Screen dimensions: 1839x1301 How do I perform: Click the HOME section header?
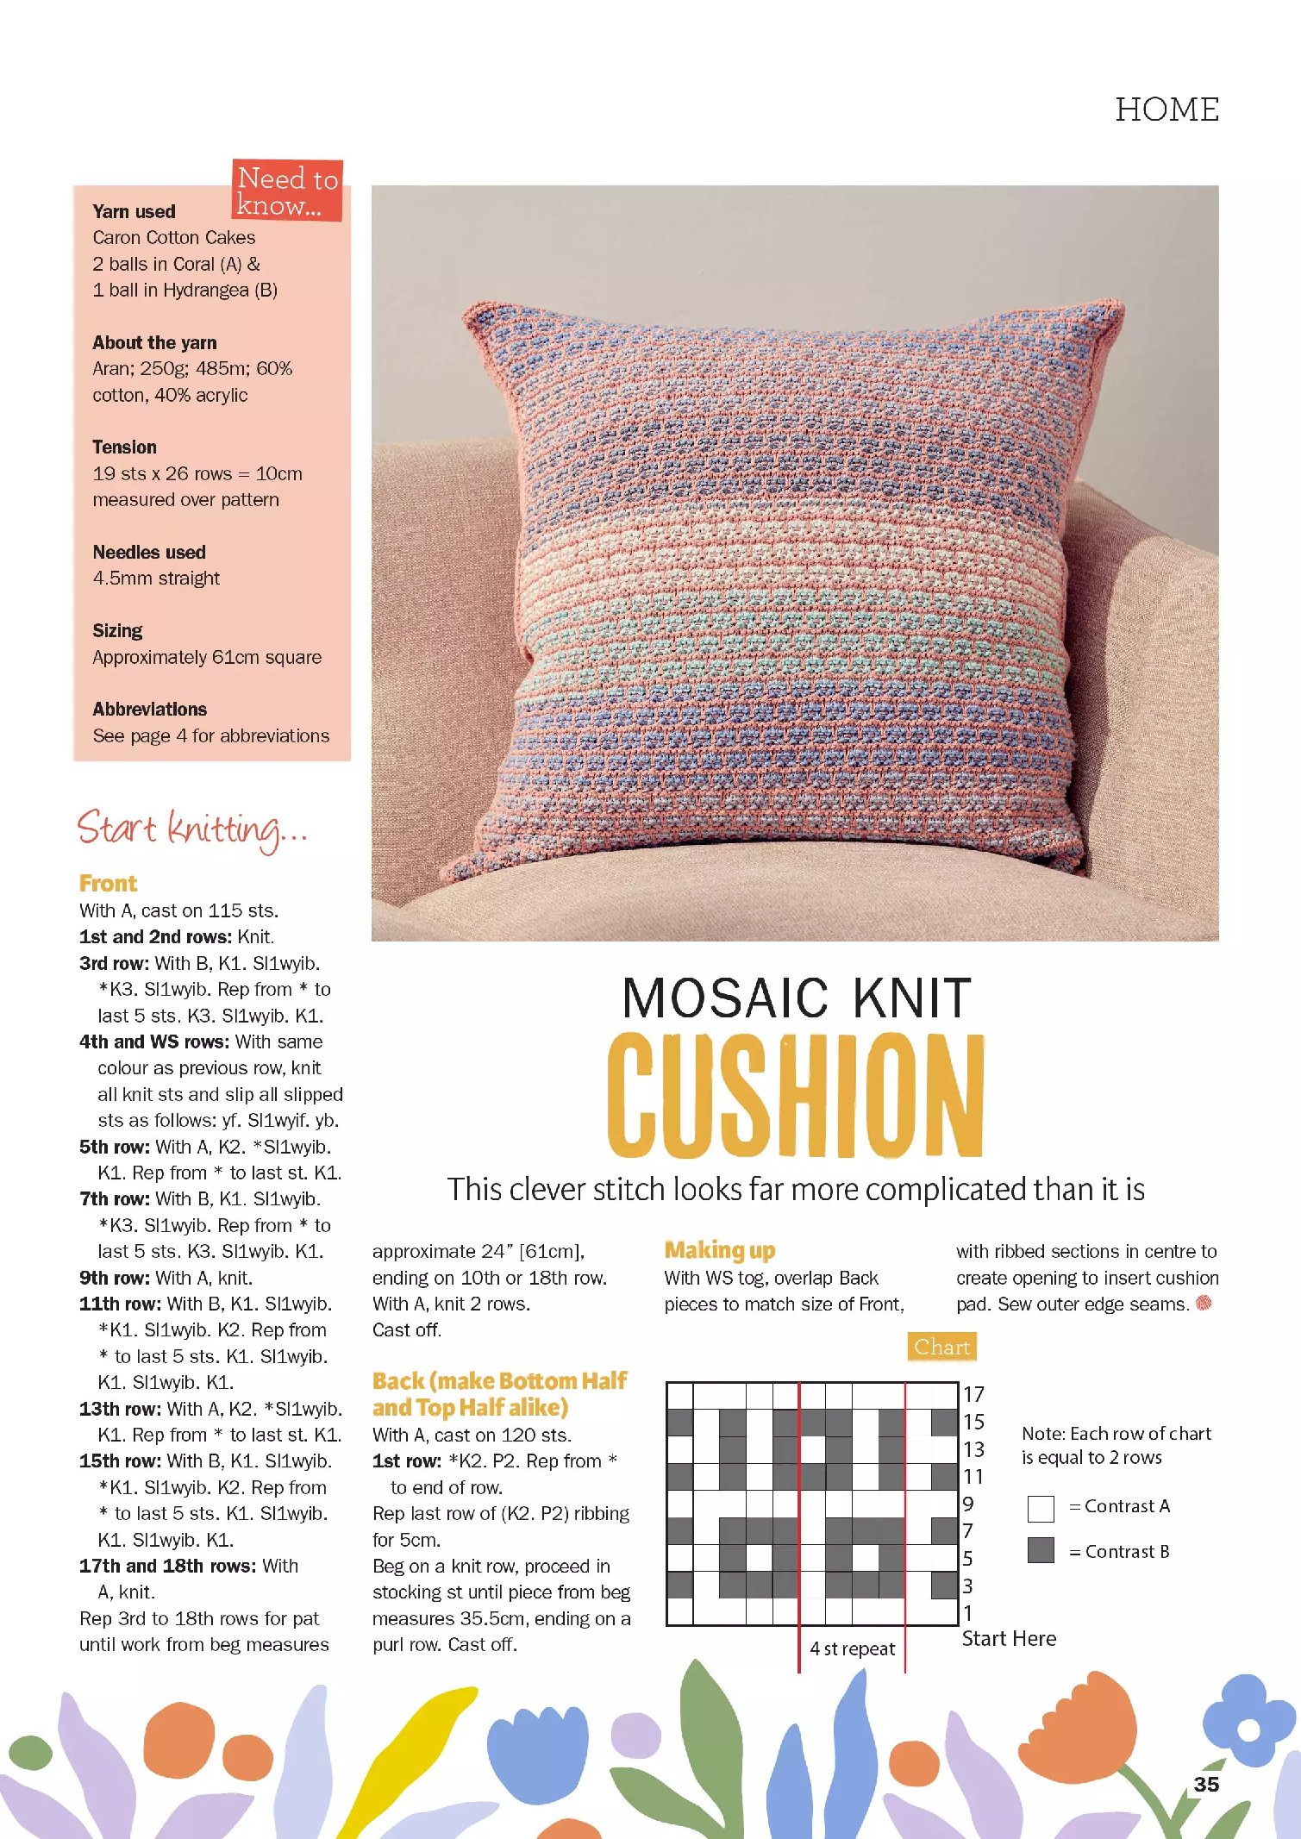coord(1167,109)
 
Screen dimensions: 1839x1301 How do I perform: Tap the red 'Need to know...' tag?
coord(287,191)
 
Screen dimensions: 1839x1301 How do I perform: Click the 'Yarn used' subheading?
coord(134,211)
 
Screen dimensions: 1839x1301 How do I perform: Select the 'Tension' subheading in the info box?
coord(124,447)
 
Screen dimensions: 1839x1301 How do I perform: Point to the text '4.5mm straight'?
coord(156,578)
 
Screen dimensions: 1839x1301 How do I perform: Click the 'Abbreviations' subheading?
coord(149,709)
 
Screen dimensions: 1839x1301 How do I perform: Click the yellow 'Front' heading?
coord(108,883)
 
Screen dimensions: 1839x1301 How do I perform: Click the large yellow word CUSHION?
coord(795,1095)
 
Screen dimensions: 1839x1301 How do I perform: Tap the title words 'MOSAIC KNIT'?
coord(796,998)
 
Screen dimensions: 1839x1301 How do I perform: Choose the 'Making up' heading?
coord(719,1249)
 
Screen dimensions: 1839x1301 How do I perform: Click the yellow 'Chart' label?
coord(941,1347)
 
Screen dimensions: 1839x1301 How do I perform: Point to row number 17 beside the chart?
coord(973,1394)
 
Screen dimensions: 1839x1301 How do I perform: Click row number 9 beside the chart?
coord(968,1504)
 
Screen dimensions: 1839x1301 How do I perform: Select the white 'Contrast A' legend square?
coord(1041,1508)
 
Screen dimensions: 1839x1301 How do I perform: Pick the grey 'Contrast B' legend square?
coord(1041,1550)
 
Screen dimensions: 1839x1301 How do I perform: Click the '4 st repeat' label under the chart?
coord(852,1648)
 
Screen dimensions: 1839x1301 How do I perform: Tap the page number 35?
coord(1205,1784)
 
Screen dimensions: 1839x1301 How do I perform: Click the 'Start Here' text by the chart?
coord(1009,1638)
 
